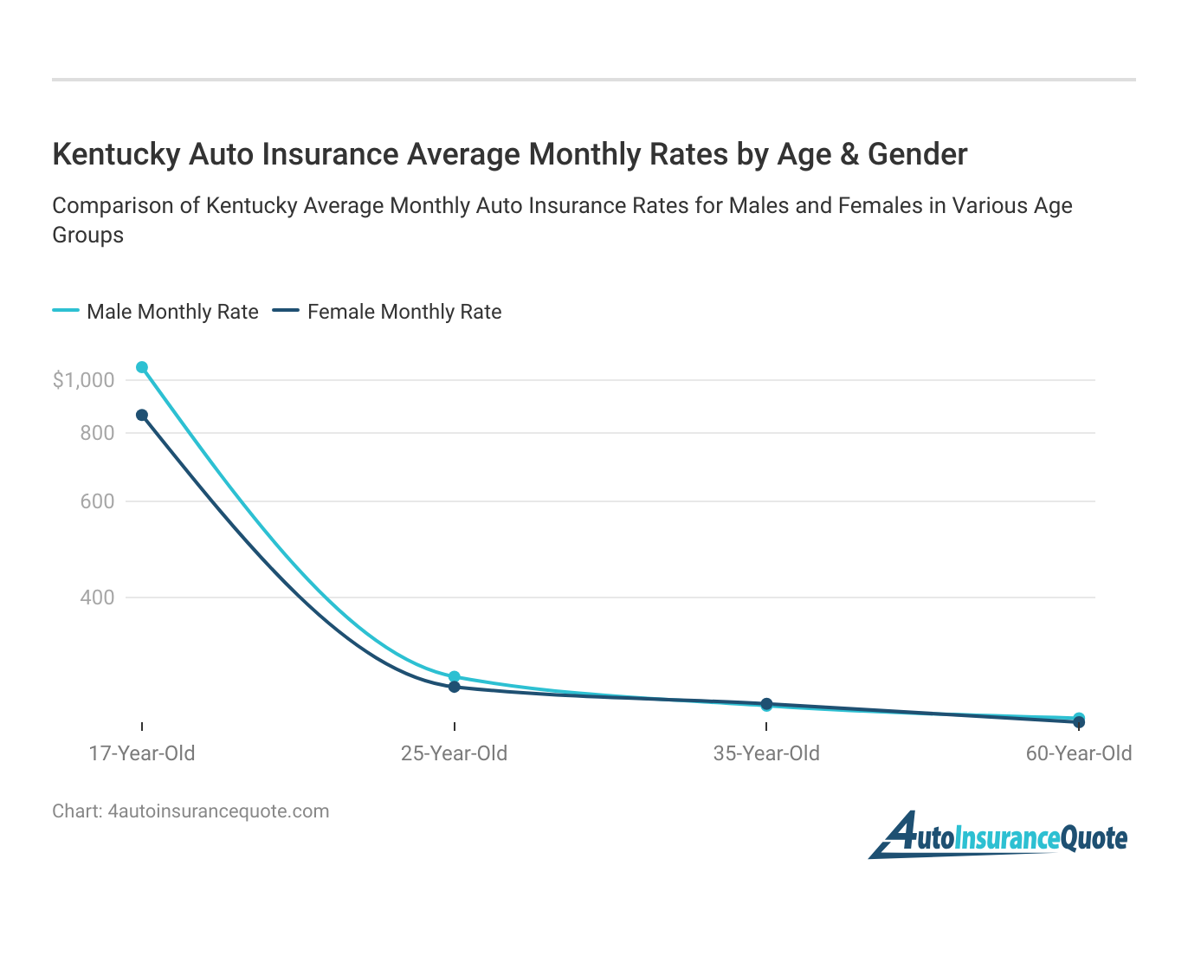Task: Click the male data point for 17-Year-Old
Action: [x=142, y=367]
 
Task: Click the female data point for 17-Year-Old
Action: [x=142, y=415]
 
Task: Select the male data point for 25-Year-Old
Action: [x=455, y=676]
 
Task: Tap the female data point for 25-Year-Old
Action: [x=455, y=687]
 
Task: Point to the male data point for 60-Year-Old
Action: [x=1079, y=718]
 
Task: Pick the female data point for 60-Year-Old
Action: [x=1079, y=723]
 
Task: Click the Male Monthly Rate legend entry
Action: [x=156, y=312]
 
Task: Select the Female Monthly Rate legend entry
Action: [x=387, y=312]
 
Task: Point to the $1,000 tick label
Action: [x=83, y=380]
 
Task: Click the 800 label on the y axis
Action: [x=97, y=433]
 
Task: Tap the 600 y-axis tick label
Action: [x=97, y=501]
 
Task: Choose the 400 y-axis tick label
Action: [x=97, y=597]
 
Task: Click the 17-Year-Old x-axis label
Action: [x=142, y=753]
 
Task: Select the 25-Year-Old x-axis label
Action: [x=455, y=753]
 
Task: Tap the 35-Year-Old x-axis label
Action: [x=766, y=753]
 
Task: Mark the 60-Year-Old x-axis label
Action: [x=1079, y=753]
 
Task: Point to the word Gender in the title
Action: [x=917, y=154]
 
